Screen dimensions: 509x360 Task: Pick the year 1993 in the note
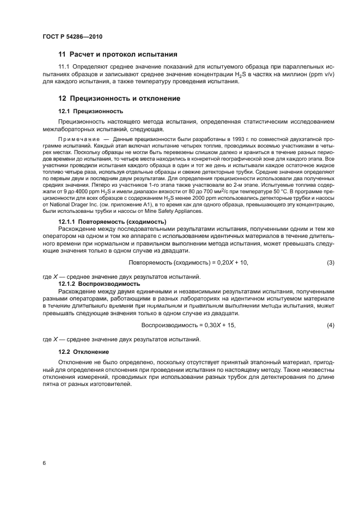221,140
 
